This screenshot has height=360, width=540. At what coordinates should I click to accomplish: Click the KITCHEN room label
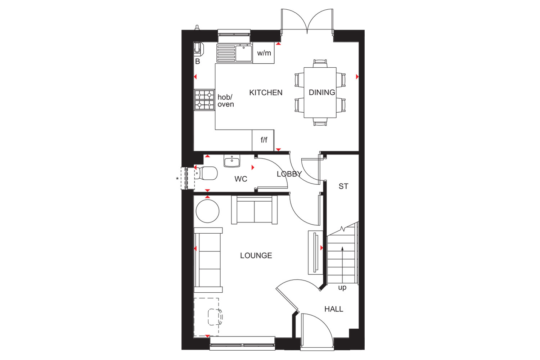click(x=266, y=93)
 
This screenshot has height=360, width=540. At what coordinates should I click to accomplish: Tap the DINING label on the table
click(x=322, y=93)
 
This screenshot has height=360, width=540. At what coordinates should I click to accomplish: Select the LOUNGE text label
click(x=256, y=255)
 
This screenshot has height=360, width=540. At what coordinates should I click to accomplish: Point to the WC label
click(x=240, y=179)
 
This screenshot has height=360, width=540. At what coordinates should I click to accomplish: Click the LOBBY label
click(x=289, y=174)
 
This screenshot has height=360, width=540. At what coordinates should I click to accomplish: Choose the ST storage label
click(x=343, y=186)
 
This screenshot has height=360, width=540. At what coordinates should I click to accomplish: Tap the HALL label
click(x=334, y=309)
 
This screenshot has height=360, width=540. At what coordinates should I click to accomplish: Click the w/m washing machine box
click(x=264, y=53)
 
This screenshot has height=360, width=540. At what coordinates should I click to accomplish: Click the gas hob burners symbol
click(x=204, y=100)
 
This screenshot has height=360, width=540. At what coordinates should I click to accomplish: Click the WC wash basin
click(x=232, y=161)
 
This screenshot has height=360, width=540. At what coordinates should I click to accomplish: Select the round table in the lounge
click(x=208, y=211)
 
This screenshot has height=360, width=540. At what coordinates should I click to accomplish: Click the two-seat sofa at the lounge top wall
click(x=254, y=210)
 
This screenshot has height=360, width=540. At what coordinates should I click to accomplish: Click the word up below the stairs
click(x=342, y=287)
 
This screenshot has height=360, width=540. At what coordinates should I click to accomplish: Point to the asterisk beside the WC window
click(x=177, y=179)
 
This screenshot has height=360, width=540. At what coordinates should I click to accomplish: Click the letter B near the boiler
click(x=197, y=62)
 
